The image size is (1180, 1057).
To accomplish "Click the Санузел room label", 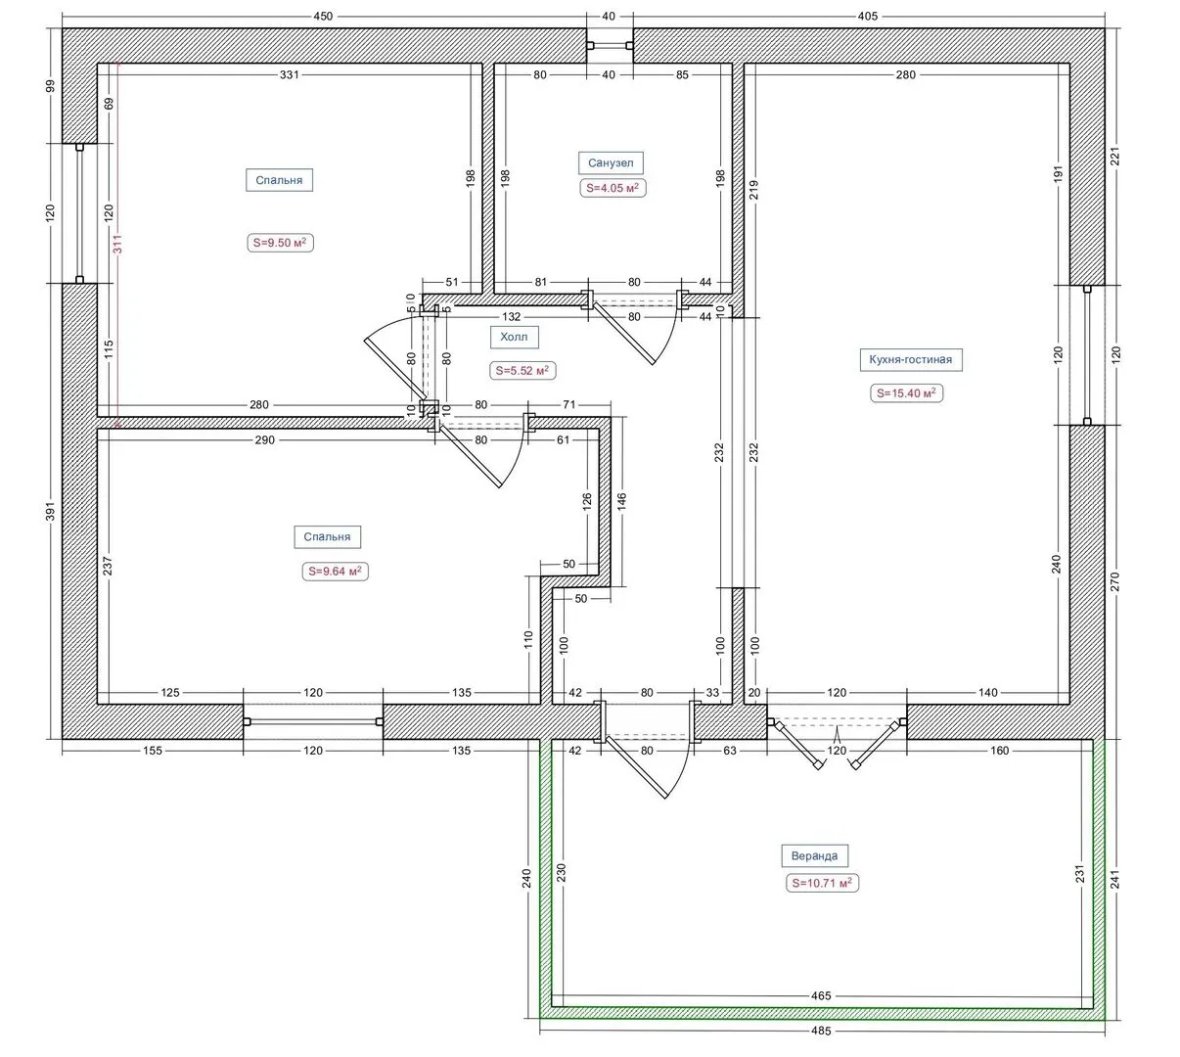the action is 611,163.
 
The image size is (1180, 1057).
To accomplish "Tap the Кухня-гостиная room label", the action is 910,359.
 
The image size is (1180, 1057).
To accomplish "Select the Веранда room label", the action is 814,856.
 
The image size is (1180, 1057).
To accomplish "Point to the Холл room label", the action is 514,337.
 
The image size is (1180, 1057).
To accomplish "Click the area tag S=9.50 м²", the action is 280,243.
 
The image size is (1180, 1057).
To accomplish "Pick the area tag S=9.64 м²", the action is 335,571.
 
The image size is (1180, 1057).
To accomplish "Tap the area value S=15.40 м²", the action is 906,393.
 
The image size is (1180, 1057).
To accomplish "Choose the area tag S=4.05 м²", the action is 613,188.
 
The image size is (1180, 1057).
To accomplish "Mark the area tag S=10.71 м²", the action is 822,883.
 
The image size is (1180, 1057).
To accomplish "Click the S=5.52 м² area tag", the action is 522,371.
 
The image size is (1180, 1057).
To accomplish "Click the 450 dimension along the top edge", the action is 323,17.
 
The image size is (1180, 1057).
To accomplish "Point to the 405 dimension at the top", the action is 867,17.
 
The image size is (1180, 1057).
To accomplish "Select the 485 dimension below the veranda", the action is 821,1031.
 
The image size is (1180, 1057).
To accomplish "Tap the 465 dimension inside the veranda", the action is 821,995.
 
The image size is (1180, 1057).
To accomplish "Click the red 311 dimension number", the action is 117,244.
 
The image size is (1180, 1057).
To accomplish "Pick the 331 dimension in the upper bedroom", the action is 289,74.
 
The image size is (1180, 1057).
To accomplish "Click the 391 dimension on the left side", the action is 51,511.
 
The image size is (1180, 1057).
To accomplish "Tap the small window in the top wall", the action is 610,45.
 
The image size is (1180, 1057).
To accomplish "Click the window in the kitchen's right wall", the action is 1087,355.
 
